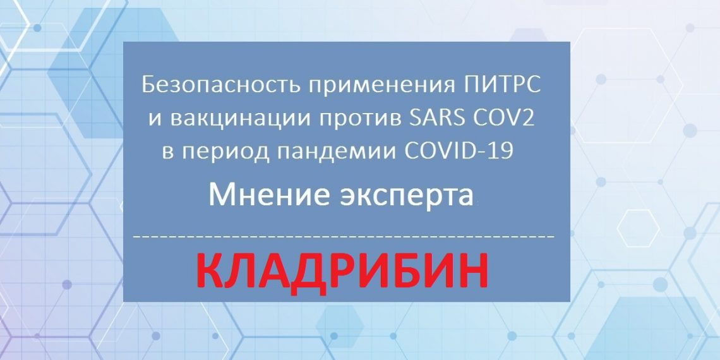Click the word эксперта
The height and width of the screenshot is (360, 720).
[409, 196]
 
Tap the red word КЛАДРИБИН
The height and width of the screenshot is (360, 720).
[346, 271]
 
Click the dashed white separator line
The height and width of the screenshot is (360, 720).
[345, 236]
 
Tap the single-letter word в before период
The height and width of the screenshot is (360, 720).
[167, 153]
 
